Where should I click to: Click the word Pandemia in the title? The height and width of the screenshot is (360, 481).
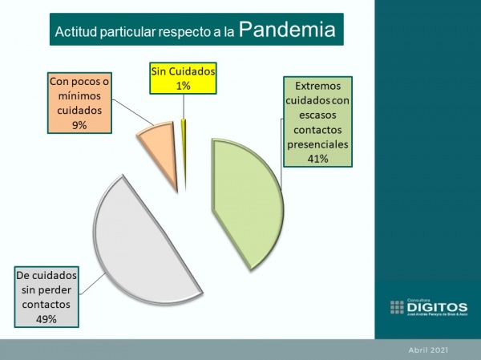pos(286,31)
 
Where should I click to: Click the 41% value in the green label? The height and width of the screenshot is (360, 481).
pos(317,159)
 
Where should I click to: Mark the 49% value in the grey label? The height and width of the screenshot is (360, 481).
pos(46,319)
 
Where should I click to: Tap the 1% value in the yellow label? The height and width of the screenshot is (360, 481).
pos(183,85)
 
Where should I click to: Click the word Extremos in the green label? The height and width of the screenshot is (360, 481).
pos(317,87)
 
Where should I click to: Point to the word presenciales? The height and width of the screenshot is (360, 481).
pos(317,144)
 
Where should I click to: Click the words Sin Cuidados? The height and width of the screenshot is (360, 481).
pos(183,71)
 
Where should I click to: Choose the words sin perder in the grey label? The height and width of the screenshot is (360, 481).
pos(46,290)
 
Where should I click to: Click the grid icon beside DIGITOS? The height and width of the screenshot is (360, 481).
pos(397,307)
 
